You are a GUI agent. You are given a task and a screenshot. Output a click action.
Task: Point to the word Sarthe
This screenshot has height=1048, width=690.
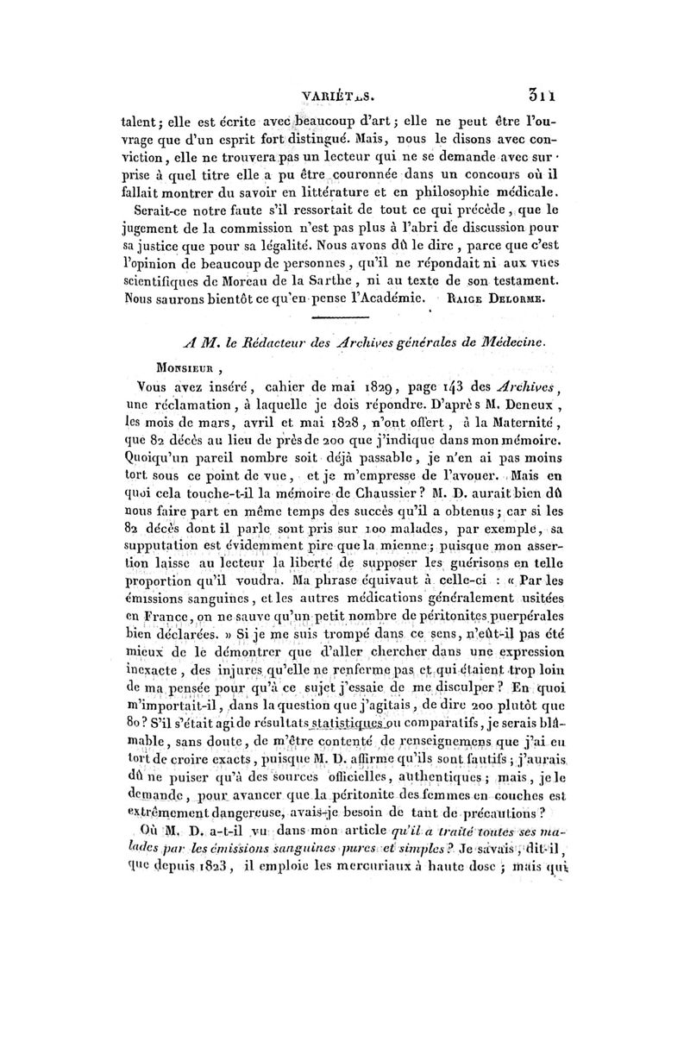tap(349, 282)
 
